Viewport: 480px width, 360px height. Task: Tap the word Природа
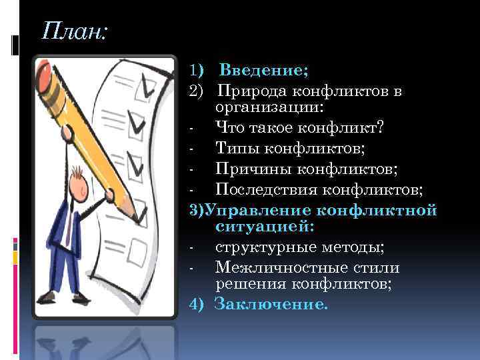click(253, 91)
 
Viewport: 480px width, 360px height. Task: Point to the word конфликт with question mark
click(343, 127)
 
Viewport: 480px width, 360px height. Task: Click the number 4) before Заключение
click(196, 305)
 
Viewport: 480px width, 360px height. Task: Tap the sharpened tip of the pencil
click(141, 217)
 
